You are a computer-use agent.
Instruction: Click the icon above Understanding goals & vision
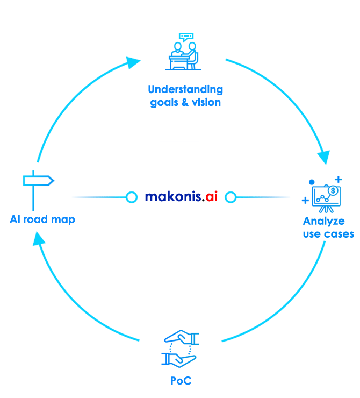tap(183, 52)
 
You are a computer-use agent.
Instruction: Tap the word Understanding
tap(185, 89)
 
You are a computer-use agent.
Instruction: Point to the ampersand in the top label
tap(185, 101)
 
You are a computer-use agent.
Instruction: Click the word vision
tap(205, 101)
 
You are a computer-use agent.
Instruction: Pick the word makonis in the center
tap(173, 196)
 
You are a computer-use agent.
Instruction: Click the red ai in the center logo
tap(210, 196)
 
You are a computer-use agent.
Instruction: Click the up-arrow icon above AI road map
tap(39, 191)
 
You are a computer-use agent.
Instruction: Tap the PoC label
tap(181, 381)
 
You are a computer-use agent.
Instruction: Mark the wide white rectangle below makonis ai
tap(188, 251)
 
